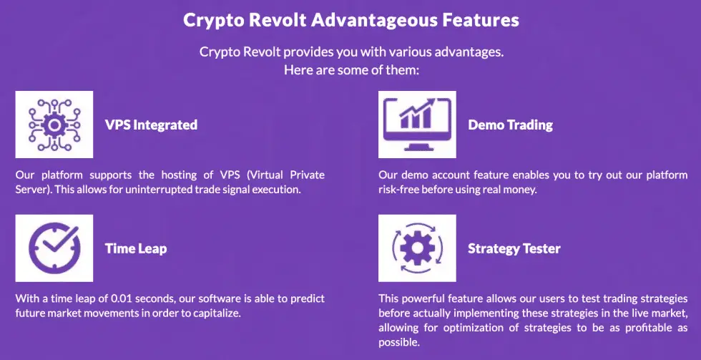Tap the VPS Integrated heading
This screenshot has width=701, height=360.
coord(151,125)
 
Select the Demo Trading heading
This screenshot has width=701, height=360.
coord(510,125)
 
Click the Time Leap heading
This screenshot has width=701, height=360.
coord(136,248)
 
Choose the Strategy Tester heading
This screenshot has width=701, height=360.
coord(514,248)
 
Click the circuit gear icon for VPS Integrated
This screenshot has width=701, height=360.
coord(54,125)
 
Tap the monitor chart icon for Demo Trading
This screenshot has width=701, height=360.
coord(417,125)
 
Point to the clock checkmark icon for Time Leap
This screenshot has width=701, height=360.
coord(54,248)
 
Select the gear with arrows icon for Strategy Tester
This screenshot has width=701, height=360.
coord(417,248)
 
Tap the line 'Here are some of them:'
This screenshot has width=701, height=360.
coord(350,71)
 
